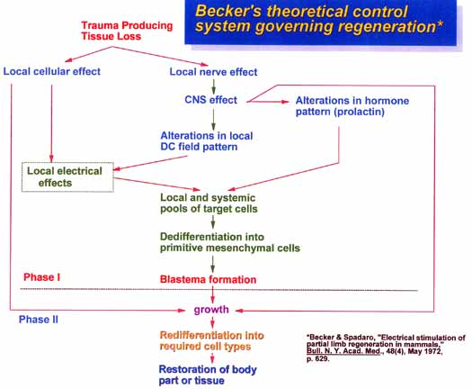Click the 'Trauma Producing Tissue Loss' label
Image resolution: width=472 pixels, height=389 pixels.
[127, 31]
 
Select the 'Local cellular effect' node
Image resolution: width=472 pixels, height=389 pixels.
[52, 71]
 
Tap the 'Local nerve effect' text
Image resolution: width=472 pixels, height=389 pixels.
[213, 72]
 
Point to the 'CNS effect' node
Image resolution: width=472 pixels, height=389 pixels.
[210, 100]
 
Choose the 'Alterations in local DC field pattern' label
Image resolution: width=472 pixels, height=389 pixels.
[207, 141]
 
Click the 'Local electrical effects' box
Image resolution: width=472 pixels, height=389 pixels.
[67, 177]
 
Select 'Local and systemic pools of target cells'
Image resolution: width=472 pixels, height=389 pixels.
[209, 204]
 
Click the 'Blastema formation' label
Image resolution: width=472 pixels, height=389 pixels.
[208, 279]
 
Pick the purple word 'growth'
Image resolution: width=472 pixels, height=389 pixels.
[211, 310]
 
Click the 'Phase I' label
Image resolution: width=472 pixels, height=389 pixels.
[42, 277]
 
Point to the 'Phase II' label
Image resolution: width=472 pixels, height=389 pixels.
[39, 320]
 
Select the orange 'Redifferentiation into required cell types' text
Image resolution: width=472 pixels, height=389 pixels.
[211, 340]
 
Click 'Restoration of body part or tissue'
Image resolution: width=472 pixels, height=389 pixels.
[208, 375]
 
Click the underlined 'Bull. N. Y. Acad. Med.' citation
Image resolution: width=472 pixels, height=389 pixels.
[343, 351]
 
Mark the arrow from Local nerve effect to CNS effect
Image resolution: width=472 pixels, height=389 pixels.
[213, 86]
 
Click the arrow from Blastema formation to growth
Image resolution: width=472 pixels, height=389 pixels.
[213, 294]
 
